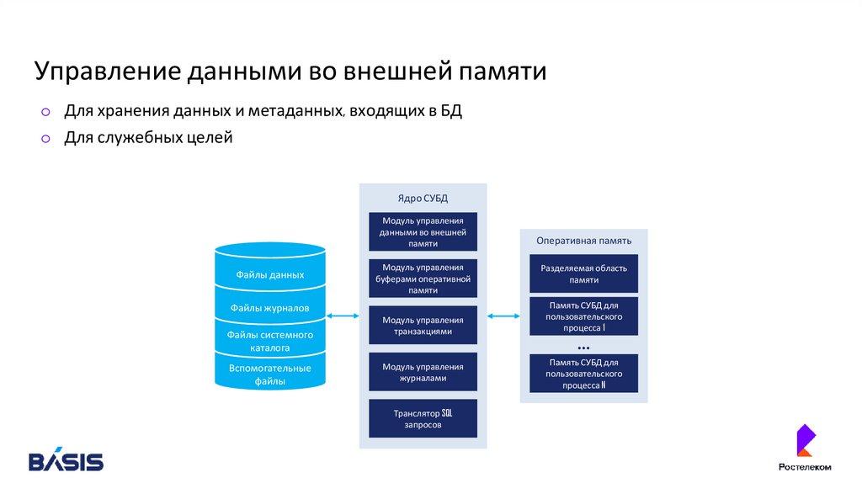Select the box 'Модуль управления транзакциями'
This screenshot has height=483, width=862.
point(423,326)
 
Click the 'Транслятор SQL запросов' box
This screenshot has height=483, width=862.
point(423,419)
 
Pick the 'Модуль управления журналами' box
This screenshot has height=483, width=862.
point(423,373)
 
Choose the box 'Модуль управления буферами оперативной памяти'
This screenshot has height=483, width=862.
point(423,279)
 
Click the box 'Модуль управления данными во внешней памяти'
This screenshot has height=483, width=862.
point(423,231)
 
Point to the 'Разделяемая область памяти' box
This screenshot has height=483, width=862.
point(583,273)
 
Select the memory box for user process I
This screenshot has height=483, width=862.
point(583,316)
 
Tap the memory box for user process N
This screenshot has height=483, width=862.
point(583,373)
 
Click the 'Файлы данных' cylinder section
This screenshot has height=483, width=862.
point(270,275)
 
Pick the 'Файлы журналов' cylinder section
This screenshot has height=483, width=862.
point(270,308)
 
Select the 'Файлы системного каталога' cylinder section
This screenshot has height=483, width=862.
point(270,340)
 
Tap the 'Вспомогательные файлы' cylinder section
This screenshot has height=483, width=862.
point(270,374)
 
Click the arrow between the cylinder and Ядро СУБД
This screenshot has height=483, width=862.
point(343,316)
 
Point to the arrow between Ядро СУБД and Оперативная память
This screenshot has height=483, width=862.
point(503,316)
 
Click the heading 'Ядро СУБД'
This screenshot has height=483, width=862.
point(423,199)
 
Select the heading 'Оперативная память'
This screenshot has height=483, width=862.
point(583,241)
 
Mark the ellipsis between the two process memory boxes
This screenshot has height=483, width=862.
point(583,347)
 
